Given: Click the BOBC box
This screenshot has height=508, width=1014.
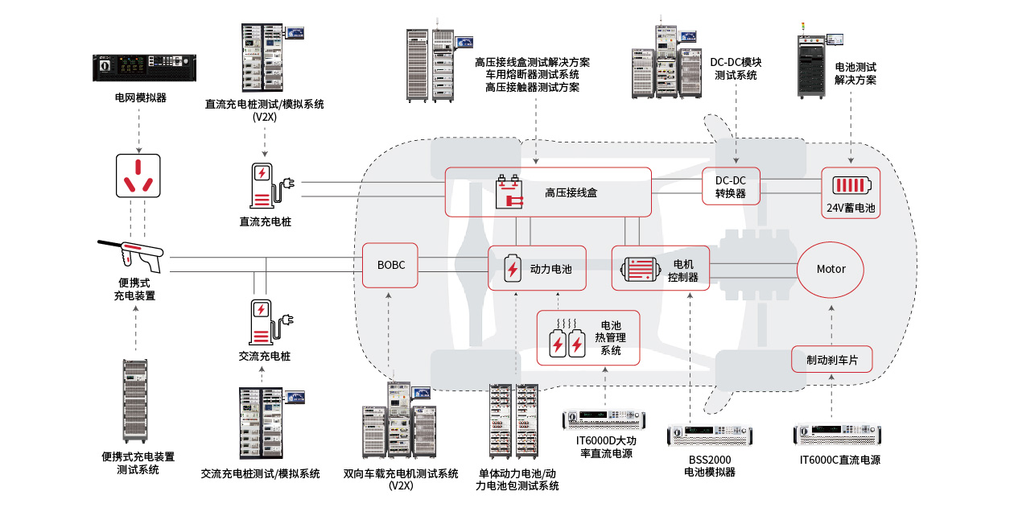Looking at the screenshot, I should pos(390,265).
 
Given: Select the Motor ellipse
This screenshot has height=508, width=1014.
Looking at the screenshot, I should pos(831,269).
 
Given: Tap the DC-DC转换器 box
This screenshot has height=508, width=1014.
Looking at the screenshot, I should pos(730,187).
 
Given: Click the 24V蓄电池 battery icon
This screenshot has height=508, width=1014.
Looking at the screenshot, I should pos(851,184).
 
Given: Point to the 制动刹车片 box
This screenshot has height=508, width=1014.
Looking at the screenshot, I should pos(832,360).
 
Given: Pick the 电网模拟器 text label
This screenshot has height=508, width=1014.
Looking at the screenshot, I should pos(140,97).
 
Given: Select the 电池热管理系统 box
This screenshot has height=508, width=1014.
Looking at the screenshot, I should pos(589,338).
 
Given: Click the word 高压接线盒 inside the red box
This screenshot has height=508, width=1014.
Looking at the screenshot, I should pos(571,192).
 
